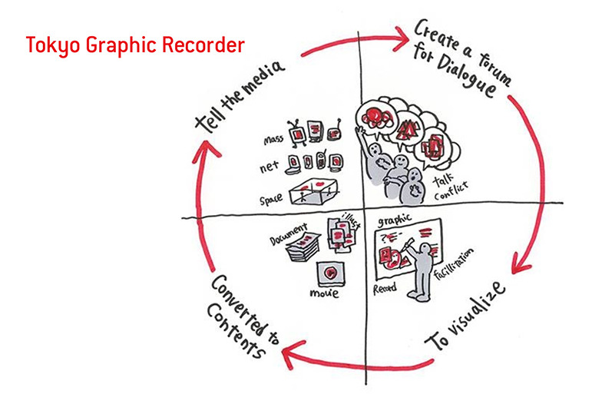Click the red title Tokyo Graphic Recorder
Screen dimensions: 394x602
pos(135,45)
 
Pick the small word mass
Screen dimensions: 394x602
pos(273,139)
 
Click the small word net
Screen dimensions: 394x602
pos(271,164)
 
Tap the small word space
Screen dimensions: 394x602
pos(270,198)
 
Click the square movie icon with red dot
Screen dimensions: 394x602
pos(329,272)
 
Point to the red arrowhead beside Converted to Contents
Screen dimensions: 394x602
pos(289,354)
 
